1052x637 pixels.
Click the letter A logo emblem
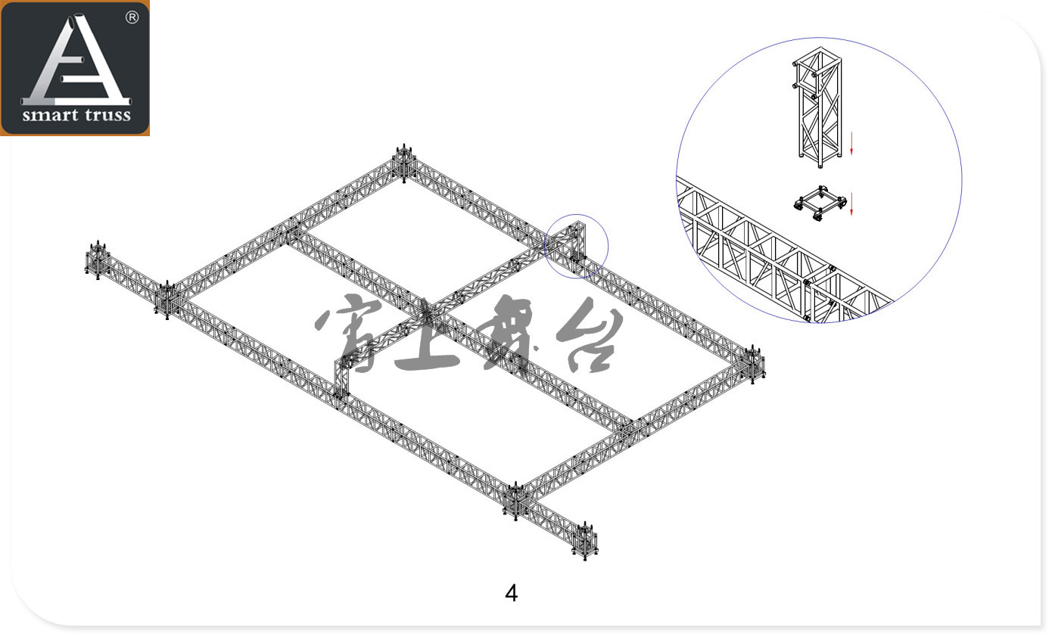pyautogui.click(x=76, y=61)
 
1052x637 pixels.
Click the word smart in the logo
pyautogui.click(x=51, y=116)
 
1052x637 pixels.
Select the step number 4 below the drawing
pyautogui.click(x=512, y=593)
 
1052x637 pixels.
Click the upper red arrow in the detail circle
pyautogui.click(x=851, y=143)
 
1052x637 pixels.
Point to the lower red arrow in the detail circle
pyautogui.click(x=851, y=204)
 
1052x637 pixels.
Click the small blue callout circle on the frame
pyautogui.click(x=577, y=245)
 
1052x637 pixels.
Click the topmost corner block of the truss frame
pyautogui.click(x=404, y=162)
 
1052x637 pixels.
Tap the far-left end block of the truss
pyautogui.click(x=97, y=260)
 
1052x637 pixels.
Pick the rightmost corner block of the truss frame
pyautogui.click(x=754, y=365)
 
